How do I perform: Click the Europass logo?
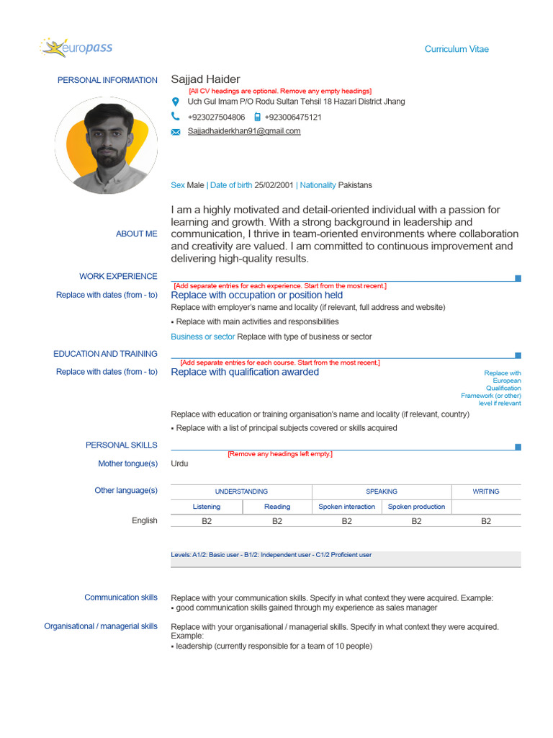coord(76,48)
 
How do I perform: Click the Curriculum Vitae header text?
coord(456,49)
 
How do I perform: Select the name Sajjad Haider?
coord(205,79)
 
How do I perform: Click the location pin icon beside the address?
coord(176,102)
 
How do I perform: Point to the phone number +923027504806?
coord(216,117)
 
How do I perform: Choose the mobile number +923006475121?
coord(292,117)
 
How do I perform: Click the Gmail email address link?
coord(244,131)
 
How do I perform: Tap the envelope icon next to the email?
coord(176,132)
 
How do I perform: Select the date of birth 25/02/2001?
coord(274,185)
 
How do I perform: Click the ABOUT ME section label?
coord(136,234)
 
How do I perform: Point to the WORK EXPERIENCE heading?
coord(118,276)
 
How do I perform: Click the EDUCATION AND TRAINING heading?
coord(105,354)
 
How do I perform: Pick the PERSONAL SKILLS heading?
coord(121,445)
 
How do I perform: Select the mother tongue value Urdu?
coord(179,463)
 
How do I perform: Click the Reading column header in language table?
coord(277,507)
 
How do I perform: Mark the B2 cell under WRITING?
coord(486,521)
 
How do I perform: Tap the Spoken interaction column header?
coord(346,507)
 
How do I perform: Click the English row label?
coord(144,520)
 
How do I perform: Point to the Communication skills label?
coord(120,597)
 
